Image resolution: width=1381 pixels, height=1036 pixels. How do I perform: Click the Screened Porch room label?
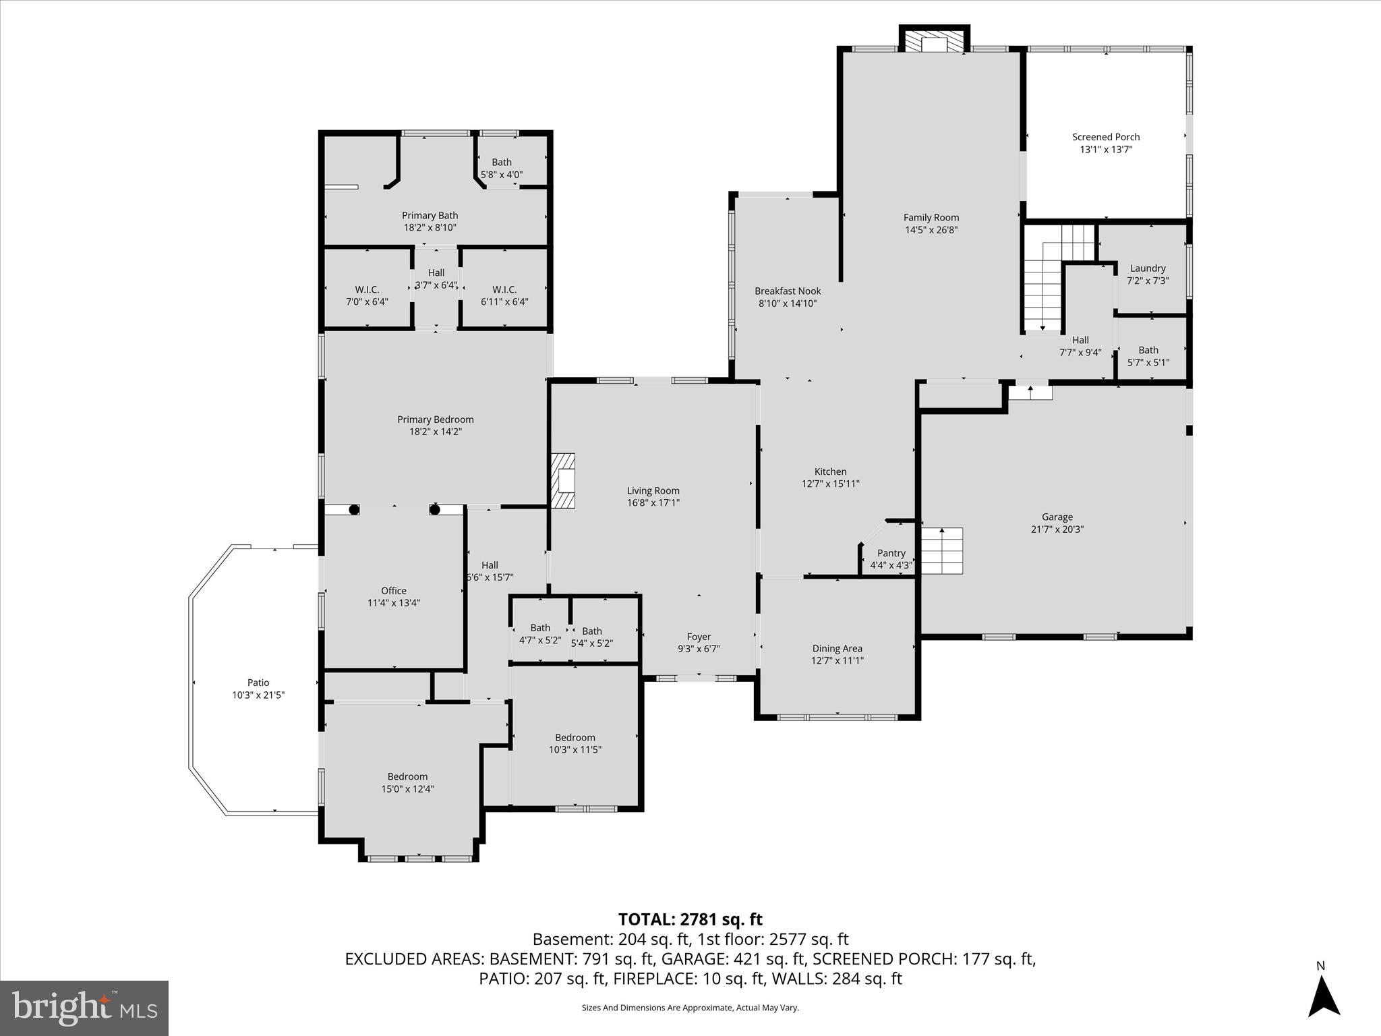pyautogui.click(x=1106, y=137)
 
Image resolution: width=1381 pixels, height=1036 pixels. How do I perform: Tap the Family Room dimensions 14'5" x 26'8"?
pyautogui.click(x=931, y=230)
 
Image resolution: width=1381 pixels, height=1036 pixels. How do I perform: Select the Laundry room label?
pyautogui.click(x=1148, y=268)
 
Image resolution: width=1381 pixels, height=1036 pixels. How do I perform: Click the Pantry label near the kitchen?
pyautogui.click(x=891, y=553)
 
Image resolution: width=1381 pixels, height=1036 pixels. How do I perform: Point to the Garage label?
pyautogui.click(x=1057, y=517)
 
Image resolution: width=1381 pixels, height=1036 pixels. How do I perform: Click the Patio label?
pyautogui.click(x=258, y=683)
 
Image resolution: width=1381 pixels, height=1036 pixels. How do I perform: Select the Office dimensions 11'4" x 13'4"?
pyautogui.click(x=394, y=603)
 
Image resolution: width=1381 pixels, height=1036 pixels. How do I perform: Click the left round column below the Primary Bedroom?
pyautogui.click(x=353, y=510)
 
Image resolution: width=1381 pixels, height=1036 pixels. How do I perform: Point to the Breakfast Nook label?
pyautogui.click(x=788, y=291)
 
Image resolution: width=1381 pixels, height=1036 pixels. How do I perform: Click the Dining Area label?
pyautogui.click(x=837, y=649)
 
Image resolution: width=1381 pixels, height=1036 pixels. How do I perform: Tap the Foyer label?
pyautogui.click(x=699, y=637)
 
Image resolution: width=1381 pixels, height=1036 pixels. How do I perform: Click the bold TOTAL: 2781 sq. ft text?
pyautogui.click(x=690, y=919)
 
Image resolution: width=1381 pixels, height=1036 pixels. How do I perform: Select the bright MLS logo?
pyautogui.click(x=84, y=1008)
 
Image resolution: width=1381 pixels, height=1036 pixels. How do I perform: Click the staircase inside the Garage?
pyautogui.click(x=942, y=550)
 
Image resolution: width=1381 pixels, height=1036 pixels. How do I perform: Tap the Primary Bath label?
pyautogui.click(x=430, y=216)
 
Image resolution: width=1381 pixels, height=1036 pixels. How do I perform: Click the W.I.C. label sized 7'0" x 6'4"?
pyautogui.click(x=367, y=289)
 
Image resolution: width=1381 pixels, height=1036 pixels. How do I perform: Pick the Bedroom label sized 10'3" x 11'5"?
pyautogui.click(x=575, y=737)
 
